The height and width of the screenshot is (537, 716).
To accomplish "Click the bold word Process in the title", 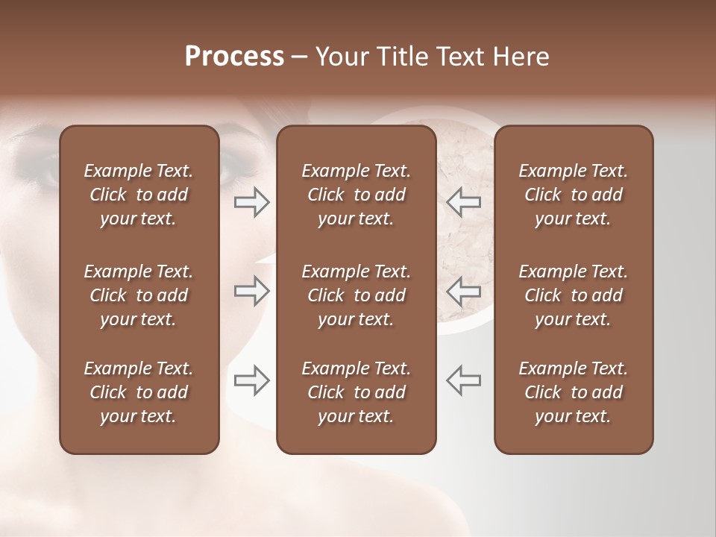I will click(234, 57).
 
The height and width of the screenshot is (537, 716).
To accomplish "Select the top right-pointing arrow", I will click(251, 202).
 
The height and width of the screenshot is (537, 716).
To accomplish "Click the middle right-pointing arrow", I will click(251, 291).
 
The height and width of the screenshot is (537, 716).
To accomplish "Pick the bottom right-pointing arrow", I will click(251, 380).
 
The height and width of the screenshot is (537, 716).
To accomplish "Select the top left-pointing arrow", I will click(464, 202).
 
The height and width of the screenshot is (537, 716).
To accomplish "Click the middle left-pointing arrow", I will click(464, 291).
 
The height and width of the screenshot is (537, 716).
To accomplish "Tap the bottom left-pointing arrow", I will click(464, 380).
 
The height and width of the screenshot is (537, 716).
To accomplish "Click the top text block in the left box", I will click(139, 195).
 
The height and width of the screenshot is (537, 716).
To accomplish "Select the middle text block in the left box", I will click(139, 295).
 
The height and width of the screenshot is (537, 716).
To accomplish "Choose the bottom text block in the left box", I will click(139, 392).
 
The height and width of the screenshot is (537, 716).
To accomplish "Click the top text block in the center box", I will click(356, 195).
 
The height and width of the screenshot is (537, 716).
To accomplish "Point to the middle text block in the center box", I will click(356, 295).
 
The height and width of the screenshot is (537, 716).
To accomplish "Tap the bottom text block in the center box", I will click(356, 392).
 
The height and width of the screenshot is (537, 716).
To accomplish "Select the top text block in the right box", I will click(573, 195).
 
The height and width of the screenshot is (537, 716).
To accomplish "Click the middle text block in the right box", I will click(573, 295).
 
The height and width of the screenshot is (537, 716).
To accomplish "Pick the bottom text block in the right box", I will click(573, 392).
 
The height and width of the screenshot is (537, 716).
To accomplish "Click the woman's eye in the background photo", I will click(37, 168).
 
